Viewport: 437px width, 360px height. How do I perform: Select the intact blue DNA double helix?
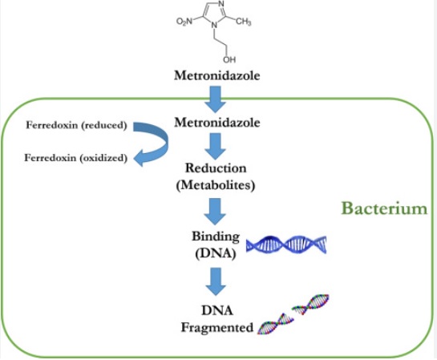287,245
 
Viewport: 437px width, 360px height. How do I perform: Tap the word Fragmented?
213,327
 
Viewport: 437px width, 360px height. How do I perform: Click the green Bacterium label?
384,209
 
